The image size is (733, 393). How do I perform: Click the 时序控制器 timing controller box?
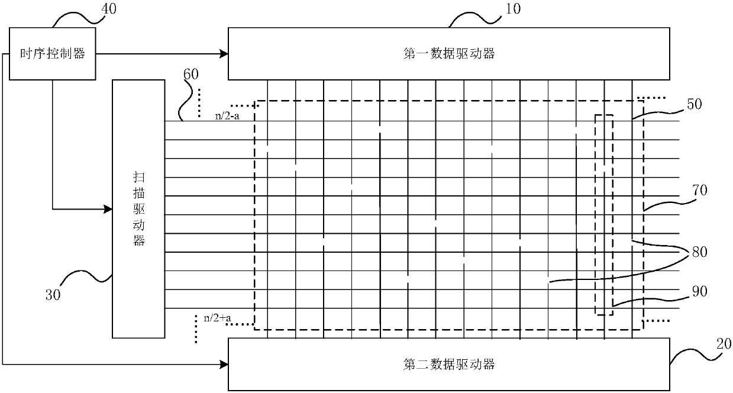[x=53, y=54]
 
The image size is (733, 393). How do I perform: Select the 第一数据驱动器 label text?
[x=452, y=54]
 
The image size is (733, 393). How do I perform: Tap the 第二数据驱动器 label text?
[x=452, y=364]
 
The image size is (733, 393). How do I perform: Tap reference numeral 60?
[x=191, y=75]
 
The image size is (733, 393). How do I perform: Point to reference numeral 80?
[x=700, y=252]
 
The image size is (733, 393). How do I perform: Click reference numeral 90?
[x=700, y=291]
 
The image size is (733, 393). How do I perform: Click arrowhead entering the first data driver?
[x=225, y=54]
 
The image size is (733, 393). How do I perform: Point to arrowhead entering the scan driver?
[x=108, y=209]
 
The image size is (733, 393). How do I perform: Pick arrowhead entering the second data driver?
[x=225, y=364]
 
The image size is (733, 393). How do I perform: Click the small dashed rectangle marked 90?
[x=604, y=214]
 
